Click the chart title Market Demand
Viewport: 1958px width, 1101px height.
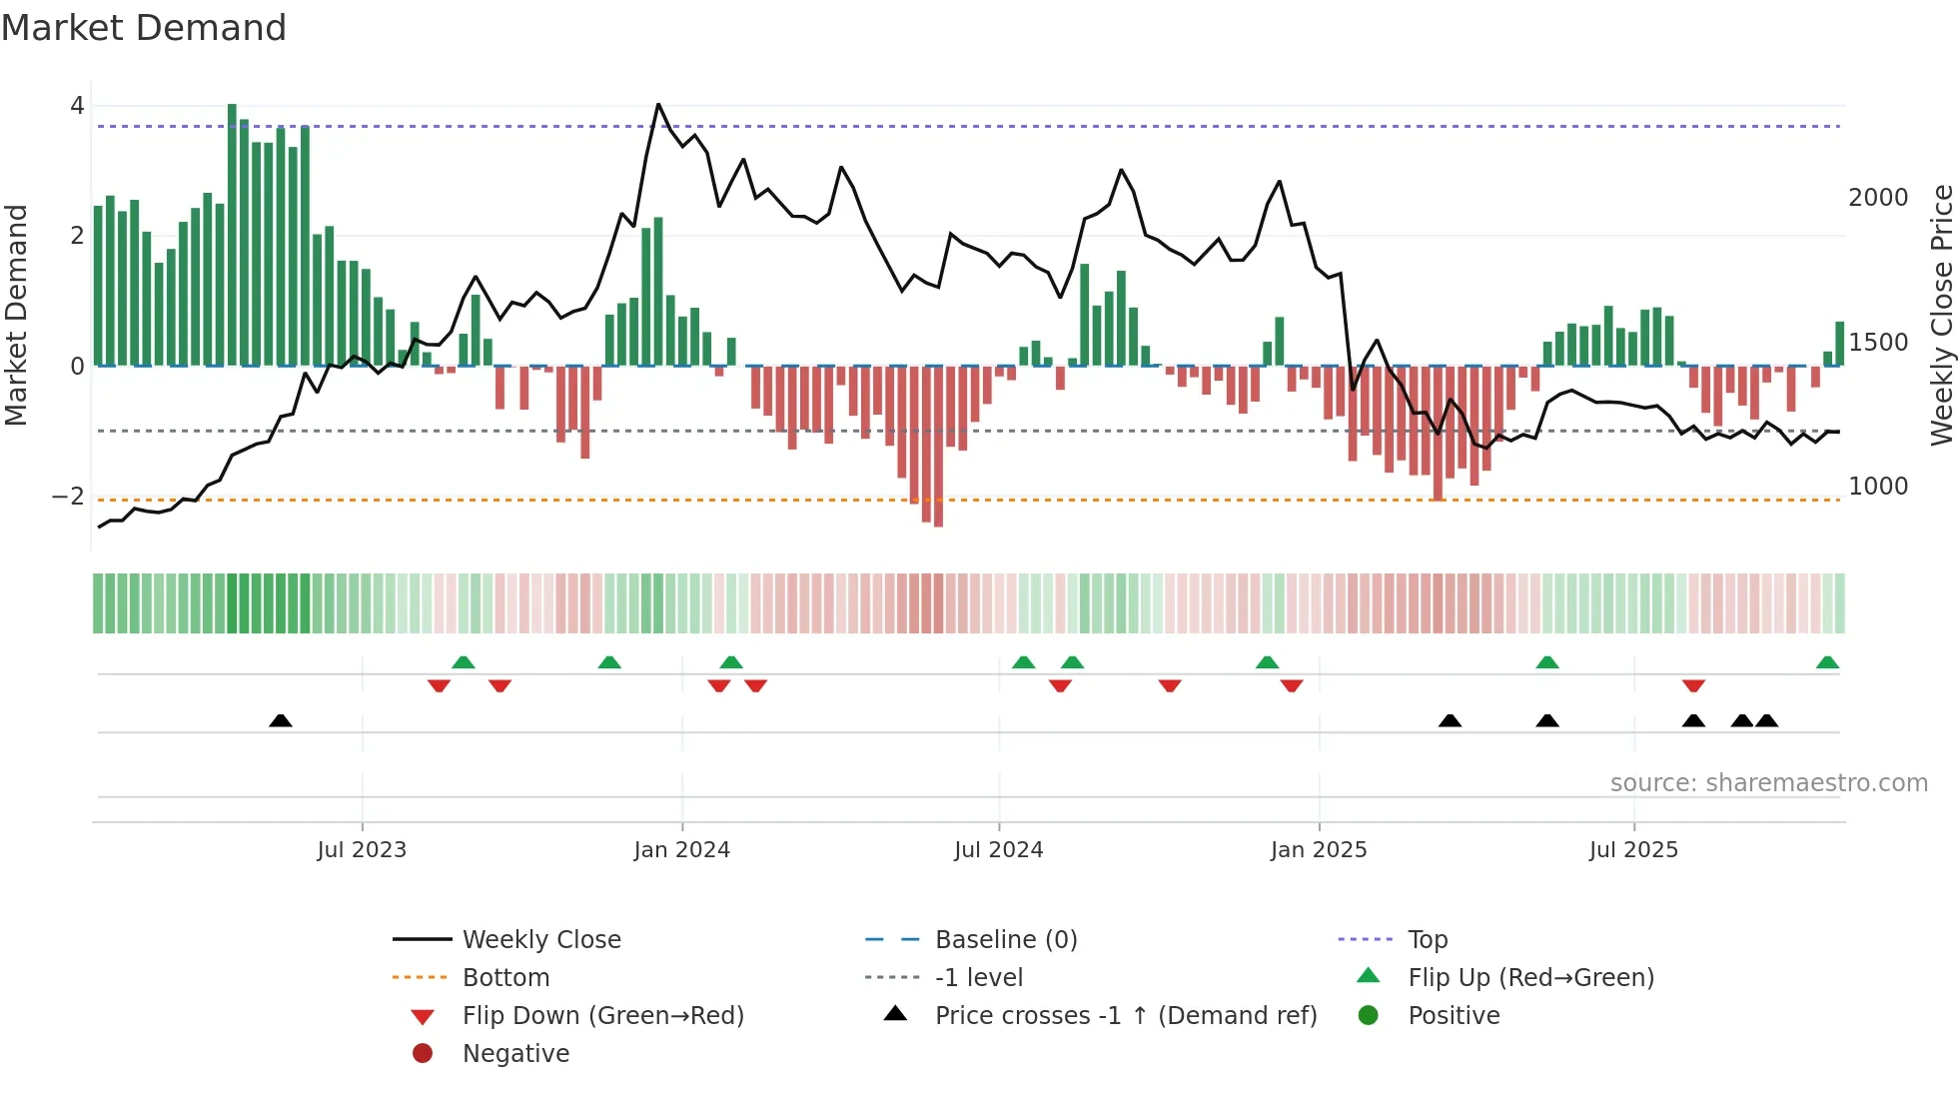144,28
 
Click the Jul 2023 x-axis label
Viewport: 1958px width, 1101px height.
362,850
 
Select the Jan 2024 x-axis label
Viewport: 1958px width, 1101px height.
681,850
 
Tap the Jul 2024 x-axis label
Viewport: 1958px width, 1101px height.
998,850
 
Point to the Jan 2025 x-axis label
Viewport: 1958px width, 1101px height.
1318,850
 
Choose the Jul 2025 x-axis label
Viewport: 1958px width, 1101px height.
1633,850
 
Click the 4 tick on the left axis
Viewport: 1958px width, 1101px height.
77,106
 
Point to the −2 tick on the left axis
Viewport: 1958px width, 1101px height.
68,497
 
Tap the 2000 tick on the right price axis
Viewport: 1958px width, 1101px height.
1877,198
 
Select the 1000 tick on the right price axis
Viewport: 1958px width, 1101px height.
1877,487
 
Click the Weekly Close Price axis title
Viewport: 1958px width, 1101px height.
1941,315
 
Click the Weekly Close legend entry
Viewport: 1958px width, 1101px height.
540,940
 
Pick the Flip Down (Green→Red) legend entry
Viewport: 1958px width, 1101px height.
602,1016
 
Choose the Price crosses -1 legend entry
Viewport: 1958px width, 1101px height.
1125,1016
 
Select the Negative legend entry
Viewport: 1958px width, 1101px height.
515,1054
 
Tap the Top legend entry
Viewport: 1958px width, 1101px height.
1427,940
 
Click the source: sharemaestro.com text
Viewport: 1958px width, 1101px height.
1768,783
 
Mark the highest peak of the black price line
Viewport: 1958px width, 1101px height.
658,104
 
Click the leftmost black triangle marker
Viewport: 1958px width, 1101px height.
281,720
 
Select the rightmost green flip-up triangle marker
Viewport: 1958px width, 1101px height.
1827,662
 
